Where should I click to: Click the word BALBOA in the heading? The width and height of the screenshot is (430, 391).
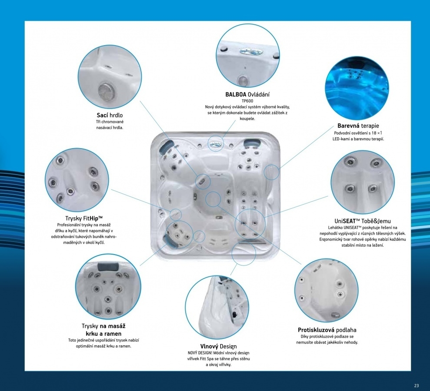point(236,95)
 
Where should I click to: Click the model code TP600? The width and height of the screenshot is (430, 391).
point(247,101)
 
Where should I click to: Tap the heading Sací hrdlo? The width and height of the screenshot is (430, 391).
point(110,115)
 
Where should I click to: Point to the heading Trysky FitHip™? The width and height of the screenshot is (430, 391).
point(84,218)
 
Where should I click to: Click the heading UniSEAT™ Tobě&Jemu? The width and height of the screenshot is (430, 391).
point(363,221)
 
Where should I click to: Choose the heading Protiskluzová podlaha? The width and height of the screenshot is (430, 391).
point(327,330)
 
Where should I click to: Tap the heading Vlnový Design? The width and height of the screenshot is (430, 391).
point(218,346)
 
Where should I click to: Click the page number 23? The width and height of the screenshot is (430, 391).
point(417,385)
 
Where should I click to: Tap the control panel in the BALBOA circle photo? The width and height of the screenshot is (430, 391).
point(247,52)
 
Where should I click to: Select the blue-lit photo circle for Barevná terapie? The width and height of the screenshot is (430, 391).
point(357,88)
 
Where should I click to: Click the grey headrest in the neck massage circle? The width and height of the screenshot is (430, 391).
point(107,266)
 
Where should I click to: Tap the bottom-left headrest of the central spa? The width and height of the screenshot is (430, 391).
point(168,239)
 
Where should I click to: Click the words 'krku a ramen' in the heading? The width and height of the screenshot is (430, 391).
point(103,334)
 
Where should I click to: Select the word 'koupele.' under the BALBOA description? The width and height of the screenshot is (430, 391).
point(247,119)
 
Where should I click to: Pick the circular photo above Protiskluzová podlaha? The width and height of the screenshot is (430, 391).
point(327,290)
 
